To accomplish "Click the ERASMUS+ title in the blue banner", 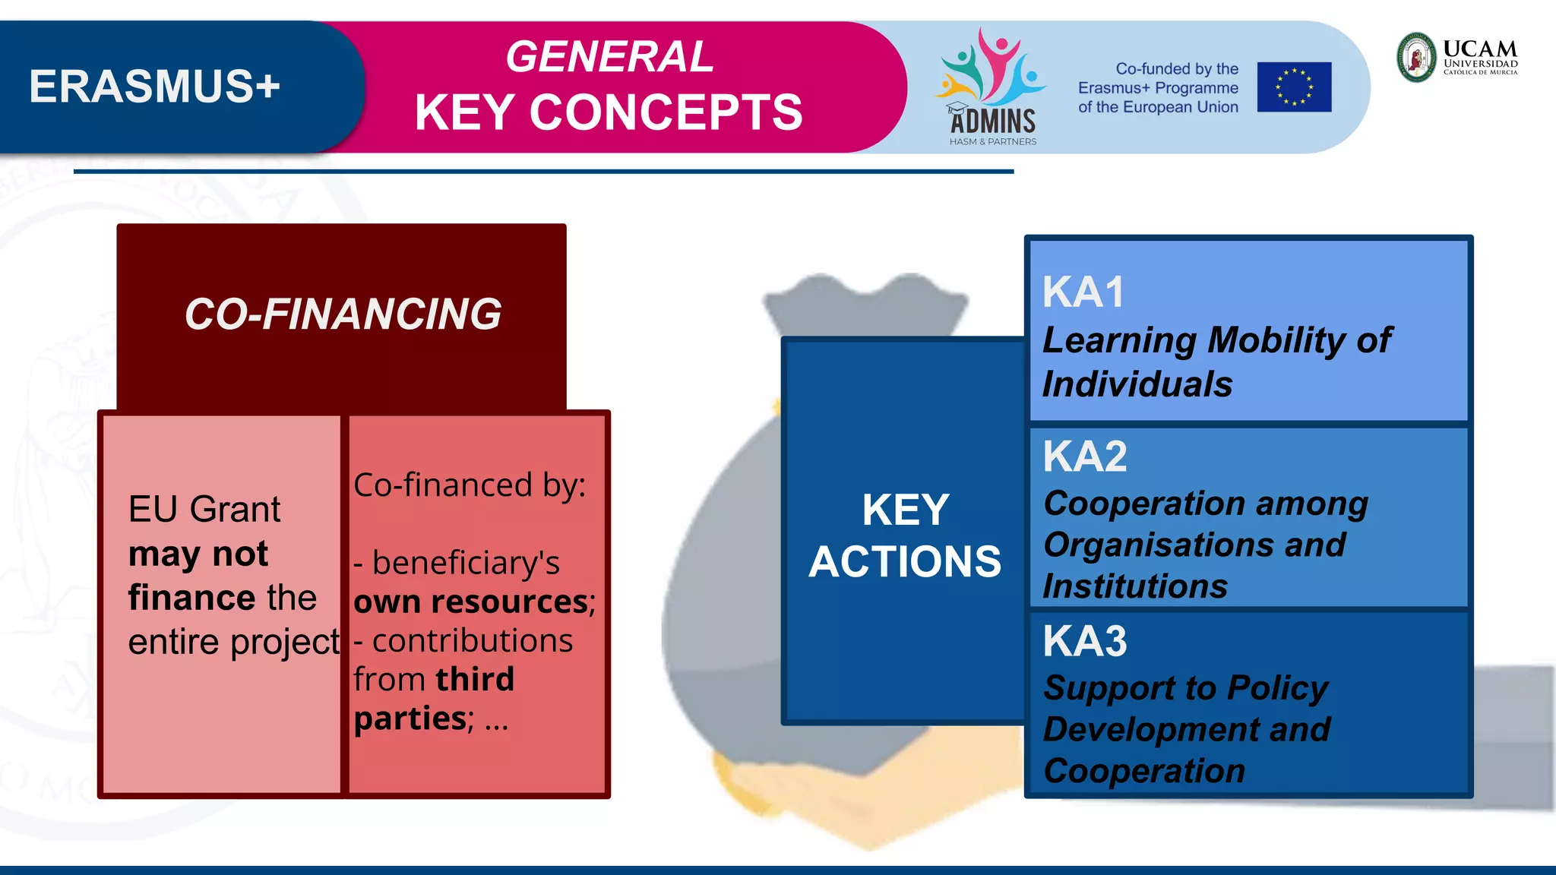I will [x=155, y=87].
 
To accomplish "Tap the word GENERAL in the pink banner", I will [x=609, y=57].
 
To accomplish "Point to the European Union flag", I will [x=1294, y=87].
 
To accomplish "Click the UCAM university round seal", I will [x=1417, y=57].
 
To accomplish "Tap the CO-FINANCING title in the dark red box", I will [x=343, y=314].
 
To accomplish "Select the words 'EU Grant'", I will [x=204, y=509].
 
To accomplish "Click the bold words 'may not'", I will [x=198, y=554].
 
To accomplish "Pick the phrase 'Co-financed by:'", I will [x=470, y=485].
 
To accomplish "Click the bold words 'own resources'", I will [x=472, y=602].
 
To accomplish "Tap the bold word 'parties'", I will [x=410, y=718].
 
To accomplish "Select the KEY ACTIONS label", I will [x=904, y=535].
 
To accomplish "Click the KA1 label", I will [x=1083, y=292].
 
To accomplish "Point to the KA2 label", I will [x=1085, y=456].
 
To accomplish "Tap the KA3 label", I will [x=1085, y=641].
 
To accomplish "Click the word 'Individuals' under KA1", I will [x=1137, y=384].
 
